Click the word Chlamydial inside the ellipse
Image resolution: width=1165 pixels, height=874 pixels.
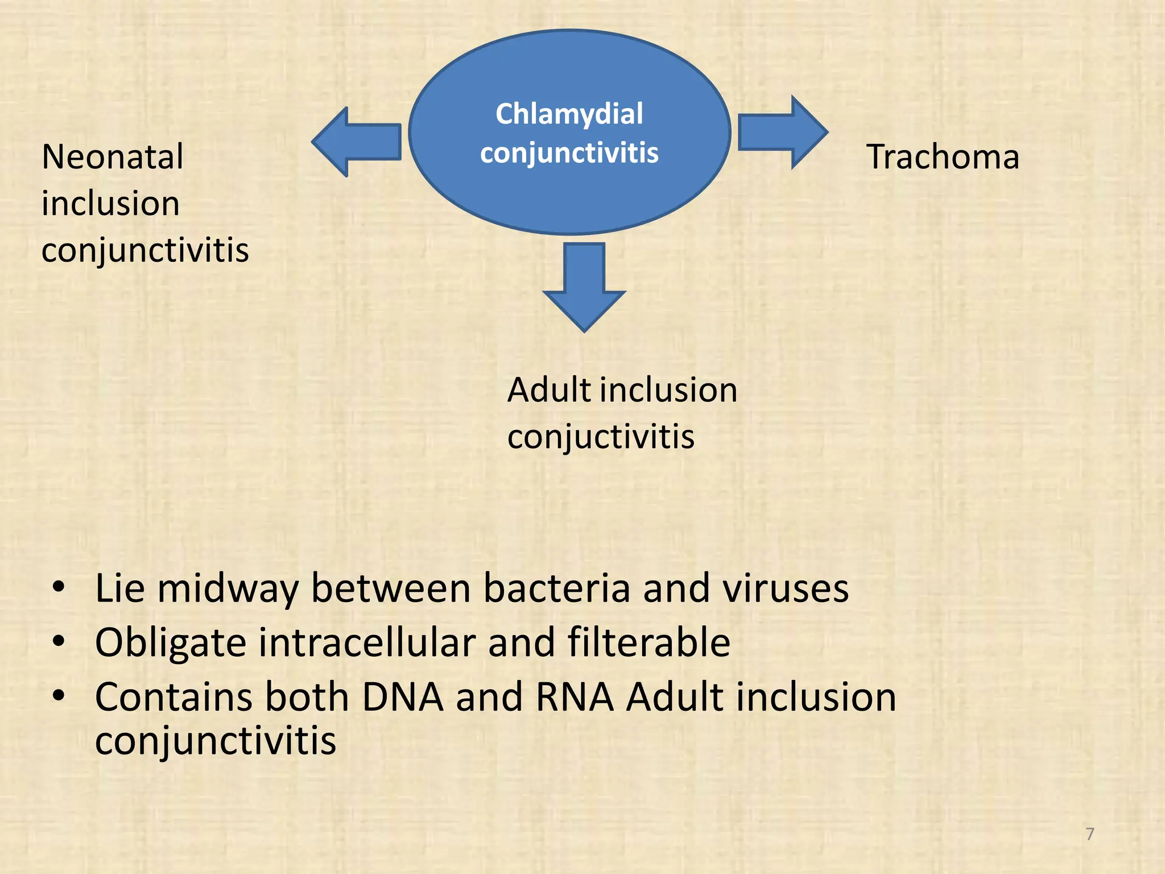(569, 114)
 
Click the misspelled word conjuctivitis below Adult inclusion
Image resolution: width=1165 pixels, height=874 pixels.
(601, 437)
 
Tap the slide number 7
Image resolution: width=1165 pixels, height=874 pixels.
(1090, 834)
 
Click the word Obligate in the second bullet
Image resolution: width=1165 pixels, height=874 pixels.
(170, 643)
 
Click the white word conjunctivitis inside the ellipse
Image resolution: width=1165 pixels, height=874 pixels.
(569, 153)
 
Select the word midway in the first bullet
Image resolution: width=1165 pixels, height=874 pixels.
(228, 589)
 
